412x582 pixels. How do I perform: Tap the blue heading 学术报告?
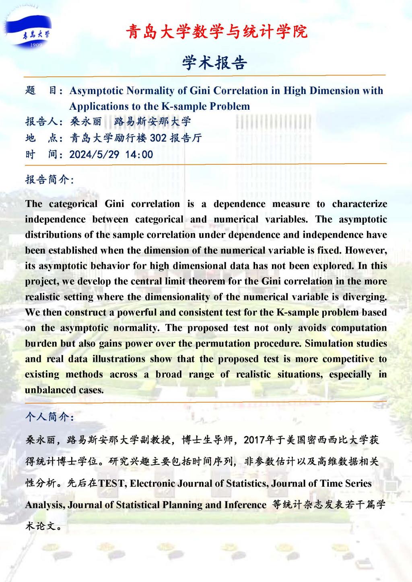214,63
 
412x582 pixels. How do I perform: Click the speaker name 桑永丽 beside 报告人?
86,122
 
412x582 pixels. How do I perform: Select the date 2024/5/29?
94,154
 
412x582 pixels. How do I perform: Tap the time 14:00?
139,154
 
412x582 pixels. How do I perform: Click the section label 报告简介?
49,180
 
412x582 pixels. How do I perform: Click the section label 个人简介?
49,417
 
